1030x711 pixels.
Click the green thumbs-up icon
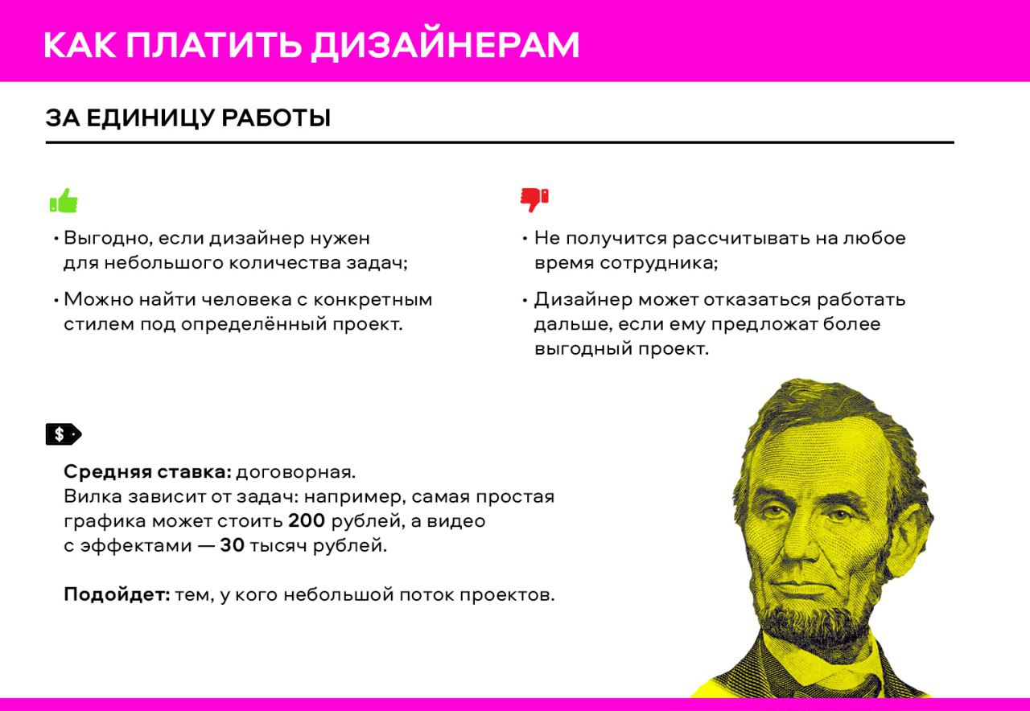point(64,200)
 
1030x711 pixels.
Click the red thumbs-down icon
point(534,200)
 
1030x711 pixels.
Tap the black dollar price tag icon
point(64,434)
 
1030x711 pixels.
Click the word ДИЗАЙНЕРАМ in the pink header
point(445,46)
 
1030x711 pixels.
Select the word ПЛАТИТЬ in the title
point(214,45)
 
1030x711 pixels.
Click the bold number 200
point(307,521)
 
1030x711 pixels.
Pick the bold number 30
point(233,545)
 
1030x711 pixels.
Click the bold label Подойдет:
point(117,594)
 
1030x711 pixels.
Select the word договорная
point(296,472)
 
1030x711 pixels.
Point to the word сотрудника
point(659,263)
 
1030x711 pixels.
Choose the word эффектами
point(136,545)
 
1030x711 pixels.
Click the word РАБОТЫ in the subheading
point(276,118)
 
